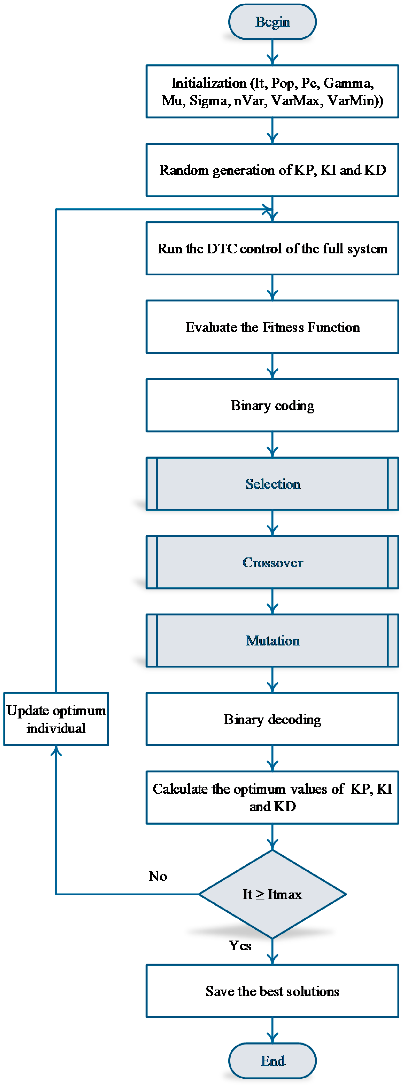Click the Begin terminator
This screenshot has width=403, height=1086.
point(272,22)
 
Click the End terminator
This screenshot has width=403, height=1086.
point(272,1060)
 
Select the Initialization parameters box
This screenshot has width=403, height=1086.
point(272,92)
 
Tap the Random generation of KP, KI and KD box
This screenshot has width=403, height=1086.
point(272,170)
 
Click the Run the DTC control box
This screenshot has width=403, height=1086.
point(272,248)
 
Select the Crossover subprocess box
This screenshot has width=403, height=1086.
point(272,562)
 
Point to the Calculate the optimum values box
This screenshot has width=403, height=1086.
point(272,797)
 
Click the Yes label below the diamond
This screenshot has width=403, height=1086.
point(240,946)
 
